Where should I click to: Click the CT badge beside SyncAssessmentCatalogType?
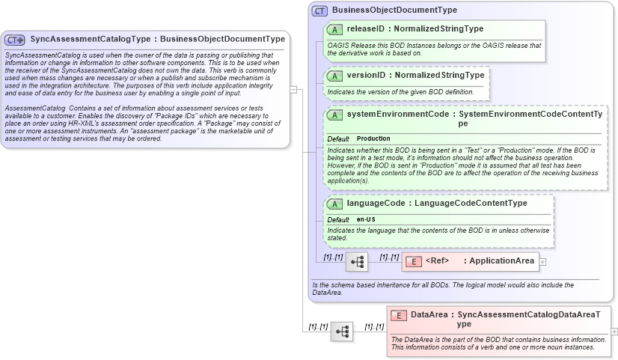16,39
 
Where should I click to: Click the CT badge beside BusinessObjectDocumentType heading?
320,10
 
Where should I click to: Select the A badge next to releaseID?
335,29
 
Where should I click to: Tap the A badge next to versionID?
335,76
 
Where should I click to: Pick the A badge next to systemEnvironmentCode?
335,115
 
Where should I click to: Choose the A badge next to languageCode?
335,204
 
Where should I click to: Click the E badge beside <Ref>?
413,260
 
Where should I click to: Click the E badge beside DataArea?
400,315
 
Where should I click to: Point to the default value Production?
373,139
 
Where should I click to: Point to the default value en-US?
367,219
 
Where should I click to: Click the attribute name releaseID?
367,29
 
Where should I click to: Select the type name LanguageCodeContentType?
471,204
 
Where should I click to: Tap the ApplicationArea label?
502,260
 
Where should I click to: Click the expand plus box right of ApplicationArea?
542,261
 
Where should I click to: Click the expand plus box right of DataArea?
614,331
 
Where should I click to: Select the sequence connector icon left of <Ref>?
356,261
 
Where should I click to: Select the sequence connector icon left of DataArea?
342,331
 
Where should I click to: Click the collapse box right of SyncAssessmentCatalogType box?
294,90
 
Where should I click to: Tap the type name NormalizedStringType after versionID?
439,76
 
